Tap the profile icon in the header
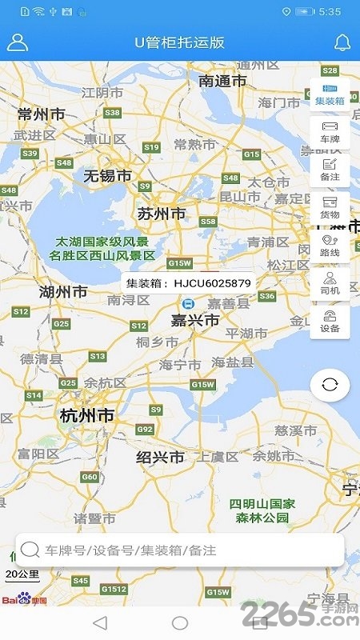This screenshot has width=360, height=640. coord(18,42)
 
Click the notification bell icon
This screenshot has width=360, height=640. coord(342,42)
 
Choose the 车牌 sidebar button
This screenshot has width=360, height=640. coord(330,131)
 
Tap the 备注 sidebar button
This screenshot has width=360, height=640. coord(330,169)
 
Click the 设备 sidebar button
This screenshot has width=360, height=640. coord(330,321)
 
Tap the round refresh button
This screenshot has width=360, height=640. coord(330,385)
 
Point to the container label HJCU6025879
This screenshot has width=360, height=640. coord(189,283)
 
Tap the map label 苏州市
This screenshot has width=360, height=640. coord(162,214)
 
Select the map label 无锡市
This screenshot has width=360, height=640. coord(107,175)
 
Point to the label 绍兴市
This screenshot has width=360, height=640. coord(160,458)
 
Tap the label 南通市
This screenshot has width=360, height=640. coord(222,81)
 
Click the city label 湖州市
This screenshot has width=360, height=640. coord(63,293)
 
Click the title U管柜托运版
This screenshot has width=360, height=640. coord(180,42)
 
